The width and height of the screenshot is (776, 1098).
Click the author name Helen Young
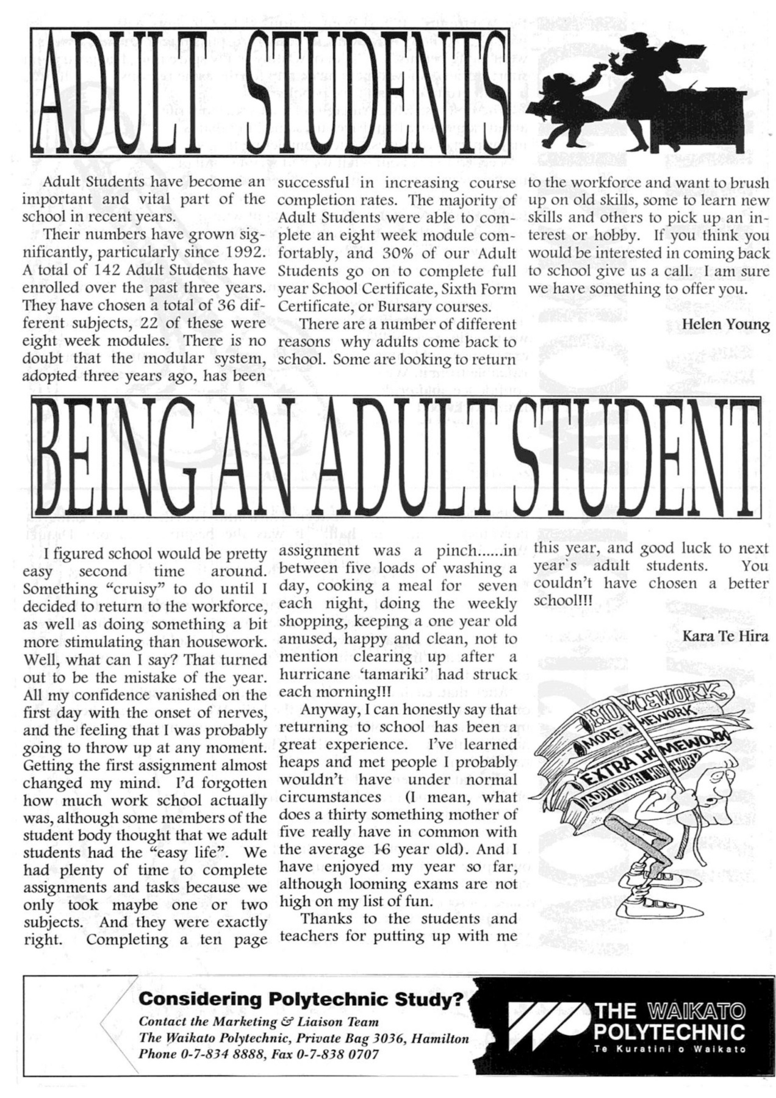pyautogui.click(x=725, y=324)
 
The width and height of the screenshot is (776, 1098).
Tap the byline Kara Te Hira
pyautogui.click(x=725, y=636)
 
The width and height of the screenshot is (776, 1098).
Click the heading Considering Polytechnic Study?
pyautogui.click(x=301, y=999)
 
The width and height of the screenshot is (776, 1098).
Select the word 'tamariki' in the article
pyautogui.click(x=397, y=674)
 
